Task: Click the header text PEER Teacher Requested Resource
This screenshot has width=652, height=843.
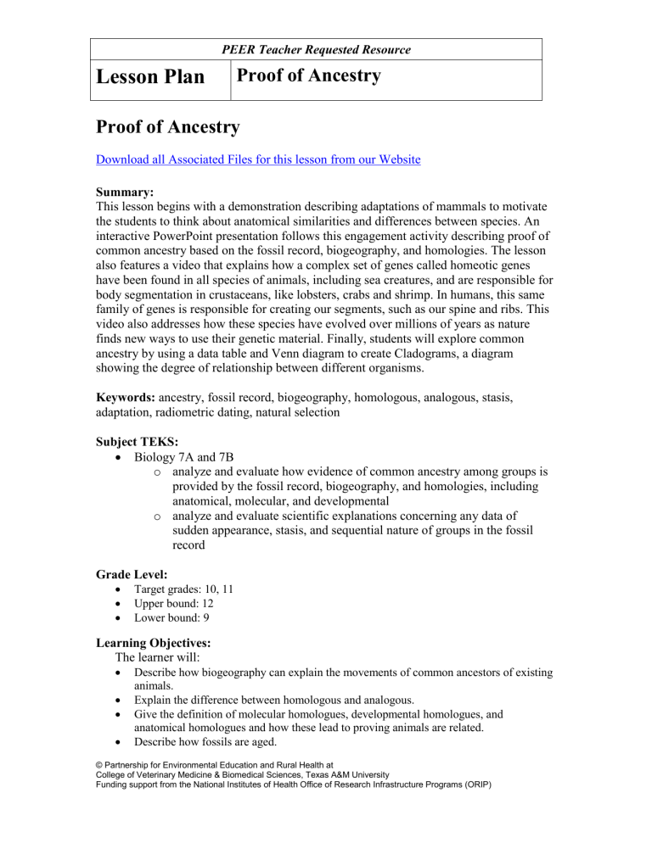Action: [x=316, y=50]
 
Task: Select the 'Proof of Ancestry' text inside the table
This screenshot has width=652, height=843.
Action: [x=308, y=77]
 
